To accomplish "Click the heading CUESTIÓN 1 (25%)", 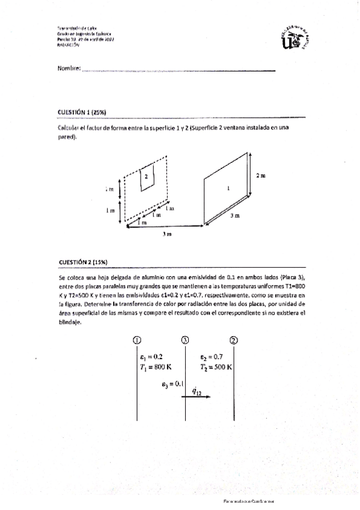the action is pyautogui.click(x=82, y=112).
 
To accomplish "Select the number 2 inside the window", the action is pyautogui.click(x=145, y=176).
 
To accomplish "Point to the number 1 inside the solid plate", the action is pyautogui.click(x=228, y=188).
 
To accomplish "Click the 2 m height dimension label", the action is pyautogui.click(x=260, y=176).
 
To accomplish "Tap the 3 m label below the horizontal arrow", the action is pyautogui.click(x=166, y=235).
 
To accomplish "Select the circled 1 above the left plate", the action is pyautogui.click(x=137, y=340).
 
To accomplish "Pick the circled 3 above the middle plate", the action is pyautogui.click(x=185, y=340).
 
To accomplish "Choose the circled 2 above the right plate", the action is pyautogui.click(x=233, y=340).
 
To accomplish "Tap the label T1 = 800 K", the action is pyautogui.click(x=154, y=366).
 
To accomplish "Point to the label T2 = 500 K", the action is pyautogui.click(x=216, y=366).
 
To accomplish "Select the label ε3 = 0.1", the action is pyautogui.click(x=172, y=383).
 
